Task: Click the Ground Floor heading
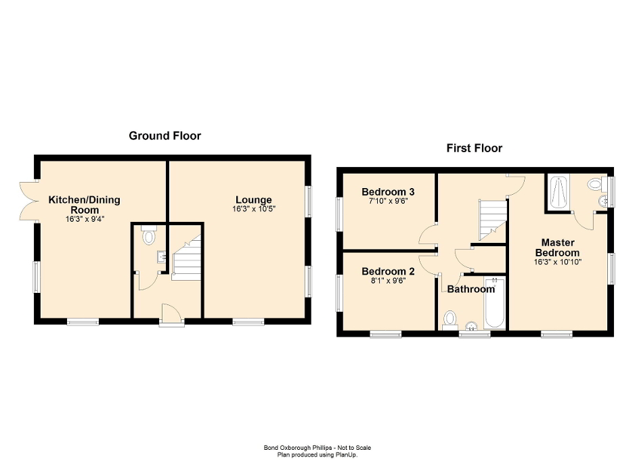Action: click(x=165, y=136)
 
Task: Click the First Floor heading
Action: click(x=474, y=148)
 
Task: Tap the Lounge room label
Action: click(x=254, y=200)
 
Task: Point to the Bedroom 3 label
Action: click(x=388, y=192)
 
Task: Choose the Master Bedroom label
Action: click(x=558, y=248)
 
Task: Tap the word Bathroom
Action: click(x=471, y=290)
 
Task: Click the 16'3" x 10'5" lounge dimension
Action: click(x=254, y=209)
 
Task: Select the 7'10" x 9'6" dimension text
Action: click(x=388, y=202)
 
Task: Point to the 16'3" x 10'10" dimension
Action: click(x=558, y=262)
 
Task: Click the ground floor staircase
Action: click(x=186, y=258)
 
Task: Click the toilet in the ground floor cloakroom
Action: click(x=150, y=237)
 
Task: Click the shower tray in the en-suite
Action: click(x=559, y=192)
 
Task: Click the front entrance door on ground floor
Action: click(x=171, y=316)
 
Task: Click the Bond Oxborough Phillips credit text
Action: click(x=317, y=447)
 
